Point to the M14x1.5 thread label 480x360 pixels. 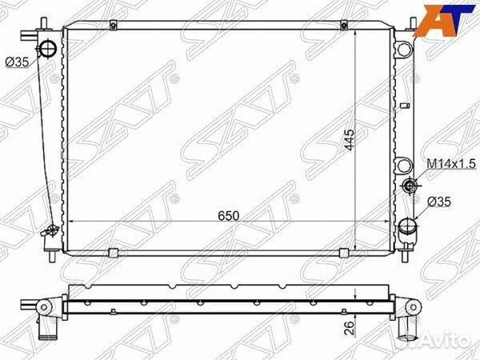pyautogui.click(x=450, y=163)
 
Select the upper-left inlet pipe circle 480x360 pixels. pyautogui.click(x=50, y=49)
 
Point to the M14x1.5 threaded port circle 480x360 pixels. pyautogui.click(x=410, y=186)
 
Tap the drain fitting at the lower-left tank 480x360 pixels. pyautogui.click(x=50, y=232)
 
